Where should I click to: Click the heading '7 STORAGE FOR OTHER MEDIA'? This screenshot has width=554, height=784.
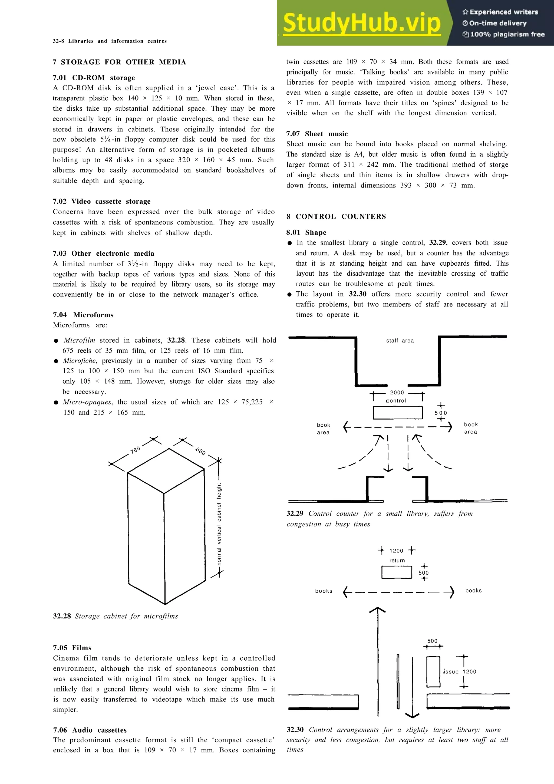click(120, 62)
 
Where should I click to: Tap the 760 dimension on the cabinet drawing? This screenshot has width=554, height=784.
click(135, 450)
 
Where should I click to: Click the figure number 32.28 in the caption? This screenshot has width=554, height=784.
click(62, 616)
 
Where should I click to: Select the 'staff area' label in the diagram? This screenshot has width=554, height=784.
click(400, 340)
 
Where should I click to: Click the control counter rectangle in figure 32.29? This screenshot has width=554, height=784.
click(398, 413)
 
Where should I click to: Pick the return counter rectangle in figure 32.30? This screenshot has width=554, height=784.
click(397, 572)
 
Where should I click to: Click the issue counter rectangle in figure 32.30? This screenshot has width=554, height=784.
click(433, 672)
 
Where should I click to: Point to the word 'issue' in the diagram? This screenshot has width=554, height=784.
click(451, 672)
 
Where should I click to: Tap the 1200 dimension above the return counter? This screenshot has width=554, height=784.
click(396, 551)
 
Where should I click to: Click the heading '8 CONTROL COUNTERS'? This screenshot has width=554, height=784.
click(336, 216)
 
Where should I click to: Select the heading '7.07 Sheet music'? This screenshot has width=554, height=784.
click(317, 134)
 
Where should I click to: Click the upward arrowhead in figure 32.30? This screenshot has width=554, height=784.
click(378, 610)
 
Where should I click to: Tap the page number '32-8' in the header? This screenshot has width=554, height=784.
click(58, 41)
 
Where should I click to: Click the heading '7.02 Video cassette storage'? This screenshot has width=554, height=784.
click(102, 202)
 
